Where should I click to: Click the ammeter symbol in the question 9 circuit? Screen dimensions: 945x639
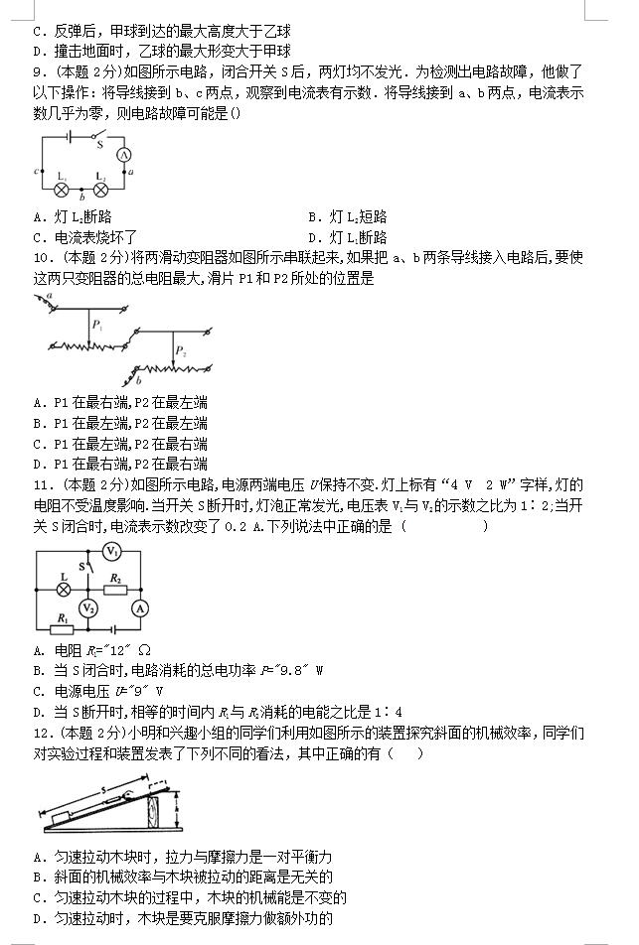(x=125, y=155)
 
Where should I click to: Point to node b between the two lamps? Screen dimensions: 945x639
(x=81, y=198)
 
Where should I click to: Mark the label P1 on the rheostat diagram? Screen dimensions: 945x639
(x=97, y=325)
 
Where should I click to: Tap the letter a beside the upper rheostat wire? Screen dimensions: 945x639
(x=50, y=296)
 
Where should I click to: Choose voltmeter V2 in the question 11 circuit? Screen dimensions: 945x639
(x=88, y=607)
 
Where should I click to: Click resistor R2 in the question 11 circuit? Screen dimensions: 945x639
(x=115, y=587)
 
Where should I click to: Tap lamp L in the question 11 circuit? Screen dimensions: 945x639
(x=65, y=587)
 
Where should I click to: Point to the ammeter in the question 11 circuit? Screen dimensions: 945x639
(x=140, y=607)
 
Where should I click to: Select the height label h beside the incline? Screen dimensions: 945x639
(x=176, y=803)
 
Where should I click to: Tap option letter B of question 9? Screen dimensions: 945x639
(x=313, y=216)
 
